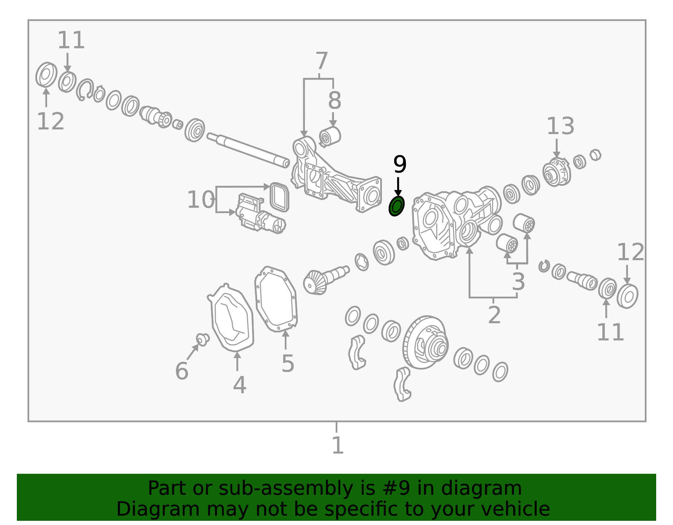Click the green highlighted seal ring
[396, 206]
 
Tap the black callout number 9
[400, 164]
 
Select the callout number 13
[561, 126]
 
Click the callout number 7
[322, 61]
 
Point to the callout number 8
[334, 100]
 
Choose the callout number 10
[201, 200]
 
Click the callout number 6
[182, 371]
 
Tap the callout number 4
[240, 385]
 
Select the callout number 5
[288, 364]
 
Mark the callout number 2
[494, 315]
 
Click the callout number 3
[519, 282]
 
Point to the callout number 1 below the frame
[338, 446]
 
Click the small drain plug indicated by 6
[203, 340]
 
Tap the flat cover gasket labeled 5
[276, 299]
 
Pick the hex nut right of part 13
[595, 155]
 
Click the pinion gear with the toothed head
[325, 280]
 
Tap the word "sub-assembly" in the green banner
[286, 488]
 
